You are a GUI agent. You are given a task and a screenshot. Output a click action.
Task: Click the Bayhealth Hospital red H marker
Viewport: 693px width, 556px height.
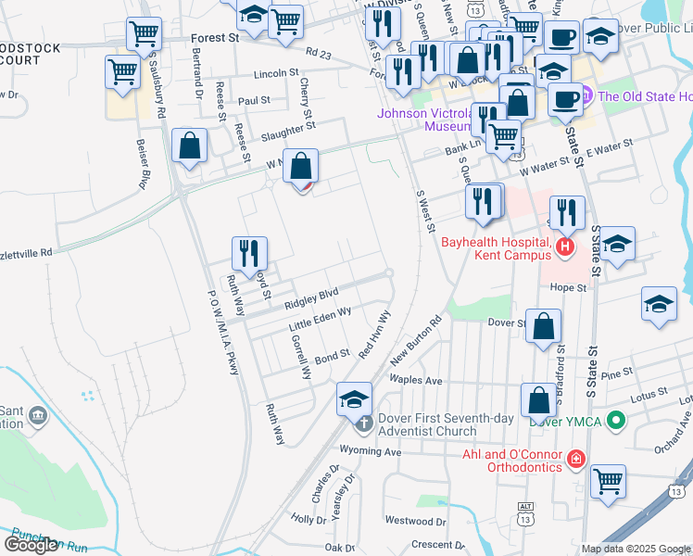565,246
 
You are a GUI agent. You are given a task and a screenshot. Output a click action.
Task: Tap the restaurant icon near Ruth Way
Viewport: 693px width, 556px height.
248,253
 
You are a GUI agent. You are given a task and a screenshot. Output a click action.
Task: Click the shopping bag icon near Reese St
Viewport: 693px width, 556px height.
189,146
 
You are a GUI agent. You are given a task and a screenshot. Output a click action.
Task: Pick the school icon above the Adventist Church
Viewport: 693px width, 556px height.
353,398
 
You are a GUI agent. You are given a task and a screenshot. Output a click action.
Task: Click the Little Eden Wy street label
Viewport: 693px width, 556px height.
321,321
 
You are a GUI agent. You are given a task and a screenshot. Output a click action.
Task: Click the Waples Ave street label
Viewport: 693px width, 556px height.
417,381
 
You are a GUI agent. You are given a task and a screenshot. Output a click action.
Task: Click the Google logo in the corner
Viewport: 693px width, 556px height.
31,545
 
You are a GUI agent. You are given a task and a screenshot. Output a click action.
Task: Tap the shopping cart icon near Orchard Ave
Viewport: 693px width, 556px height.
608,479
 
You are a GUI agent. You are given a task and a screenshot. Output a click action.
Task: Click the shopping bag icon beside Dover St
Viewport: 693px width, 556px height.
545,325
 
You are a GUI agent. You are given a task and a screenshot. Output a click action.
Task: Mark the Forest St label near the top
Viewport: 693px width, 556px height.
214,39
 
